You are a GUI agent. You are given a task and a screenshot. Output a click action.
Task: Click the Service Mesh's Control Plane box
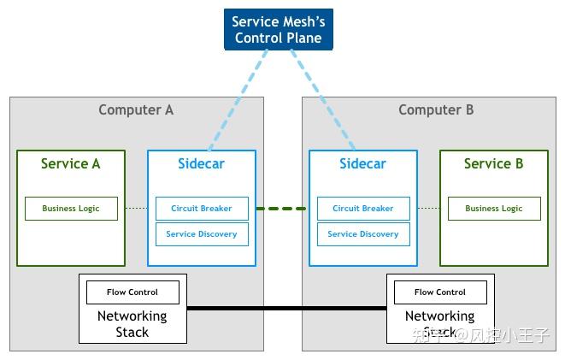pos(277,29)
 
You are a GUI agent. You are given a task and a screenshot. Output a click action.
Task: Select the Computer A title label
pos(136,109)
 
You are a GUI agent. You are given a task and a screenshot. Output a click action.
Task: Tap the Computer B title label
pos(436,109)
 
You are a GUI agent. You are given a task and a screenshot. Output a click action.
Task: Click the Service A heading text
pos(71,163)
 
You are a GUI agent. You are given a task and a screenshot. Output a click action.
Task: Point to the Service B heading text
pos(493,163)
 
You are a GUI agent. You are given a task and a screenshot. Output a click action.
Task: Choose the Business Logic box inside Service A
pos(71,209)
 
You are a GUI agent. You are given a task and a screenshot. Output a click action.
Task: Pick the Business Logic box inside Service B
pos(493,209)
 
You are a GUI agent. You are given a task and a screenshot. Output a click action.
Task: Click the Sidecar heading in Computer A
pos(201,163)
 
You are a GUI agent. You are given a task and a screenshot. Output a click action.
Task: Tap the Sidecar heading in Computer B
pos(362,163)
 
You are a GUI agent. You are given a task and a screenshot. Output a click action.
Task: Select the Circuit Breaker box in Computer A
pos(202,209)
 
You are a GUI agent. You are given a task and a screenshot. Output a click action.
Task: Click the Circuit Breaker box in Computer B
pos(363,209)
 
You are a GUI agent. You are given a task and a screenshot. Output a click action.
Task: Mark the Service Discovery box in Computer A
pos(202,234)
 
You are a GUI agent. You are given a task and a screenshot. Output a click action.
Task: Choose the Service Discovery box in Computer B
pos(363,234)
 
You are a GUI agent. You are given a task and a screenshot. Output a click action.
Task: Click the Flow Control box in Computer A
pos(132,292)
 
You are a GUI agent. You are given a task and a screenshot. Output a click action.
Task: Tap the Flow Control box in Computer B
pos(440,292)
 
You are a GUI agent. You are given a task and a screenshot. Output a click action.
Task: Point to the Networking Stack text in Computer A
pos(132,323)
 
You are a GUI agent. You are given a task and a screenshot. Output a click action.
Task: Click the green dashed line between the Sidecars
pos(281,209)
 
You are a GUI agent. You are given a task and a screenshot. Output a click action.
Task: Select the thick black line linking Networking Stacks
pos(286,308)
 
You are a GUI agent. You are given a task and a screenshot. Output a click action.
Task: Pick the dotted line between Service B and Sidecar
pos(428,209)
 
